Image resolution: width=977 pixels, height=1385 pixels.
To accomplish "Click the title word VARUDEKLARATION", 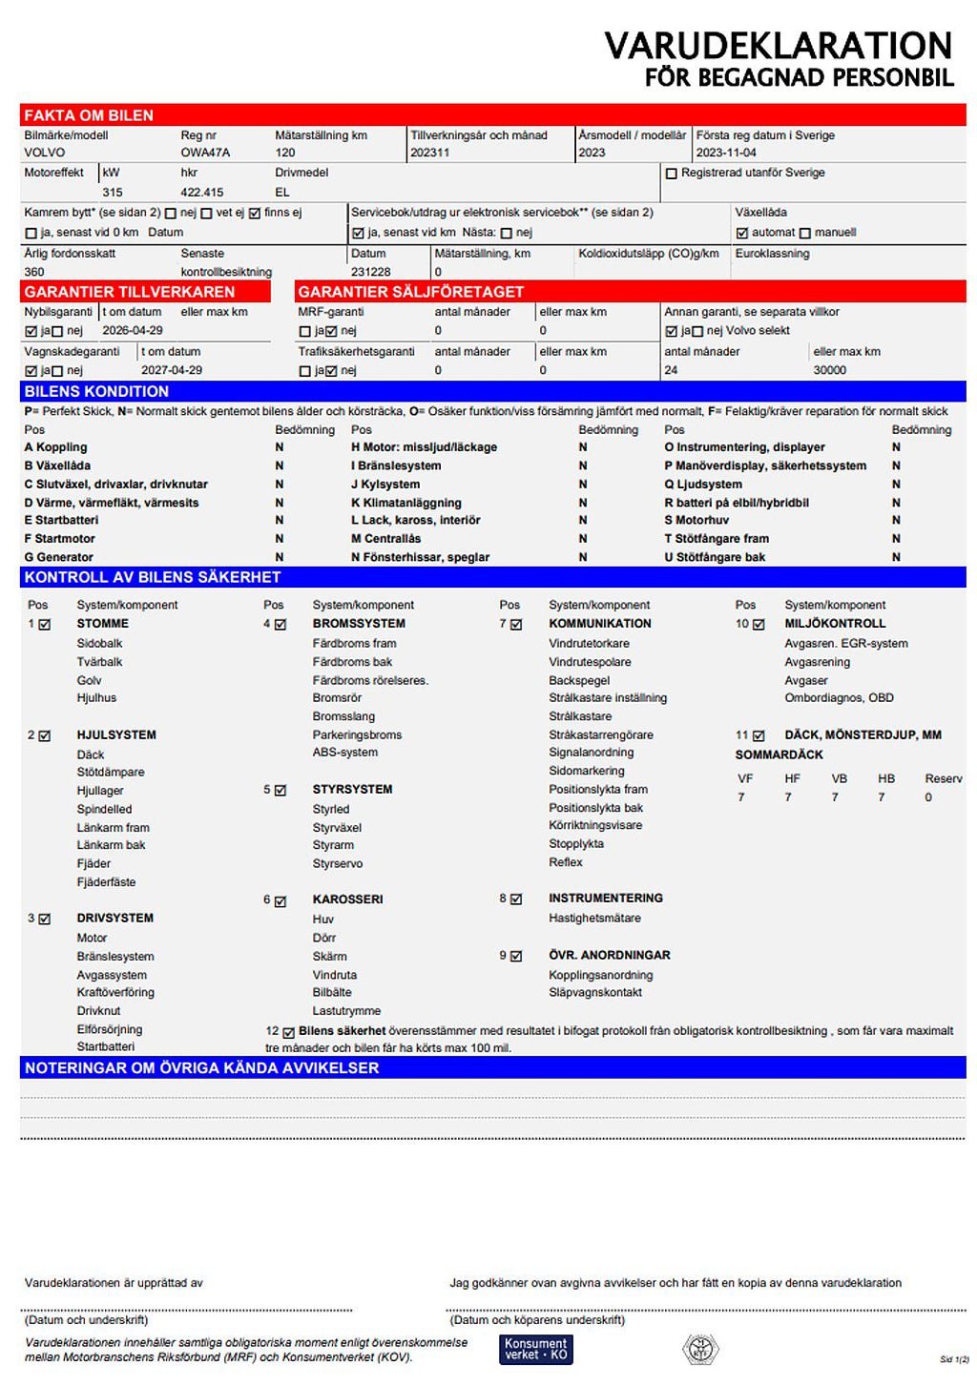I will pos(778,46).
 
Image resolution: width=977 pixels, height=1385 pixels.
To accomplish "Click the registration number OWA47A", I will pos(205,153).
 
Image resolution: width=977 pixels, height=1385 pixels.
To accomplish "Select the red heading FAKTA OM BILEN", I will pos(89,115).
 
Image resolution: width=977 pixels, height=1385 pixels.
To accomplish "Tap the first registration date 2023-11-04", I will pos(726,153).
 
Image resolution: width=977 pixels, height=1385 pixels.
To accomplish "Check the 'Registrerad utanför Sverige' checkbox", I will pos(672,174).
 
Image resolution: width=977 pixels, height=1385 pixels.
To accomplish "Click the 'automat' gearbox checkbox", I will pos(742,233).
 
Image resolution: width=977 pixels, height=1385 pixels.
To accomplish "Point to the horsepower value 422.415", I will pos(202,192).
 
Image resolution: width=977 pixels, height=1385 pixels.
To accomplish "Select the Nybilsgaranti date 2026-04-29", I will pos(133,330).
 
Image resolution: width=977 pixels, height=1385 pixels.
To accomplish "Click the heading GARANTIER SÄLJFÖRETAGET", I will pos(410,292).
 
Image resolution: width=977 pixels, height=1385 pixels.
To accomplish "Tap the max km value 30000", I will pos(829,370).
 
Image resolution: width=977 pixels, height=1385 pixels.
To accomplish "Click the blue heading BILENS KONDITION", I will pos(96,391).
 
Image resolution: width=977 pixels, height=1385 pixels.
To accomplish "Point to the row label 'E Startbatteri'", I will pos(61,520).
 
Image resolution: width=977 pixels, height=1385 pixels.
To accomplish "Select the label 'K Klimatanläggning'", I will pos(406,503).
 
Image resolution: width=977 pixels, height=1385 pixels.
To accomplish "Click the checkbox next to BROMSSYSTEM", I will pos(281,625).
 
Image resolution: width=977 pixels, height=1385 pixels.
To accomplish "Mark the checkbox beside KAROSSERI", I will pos(281,901).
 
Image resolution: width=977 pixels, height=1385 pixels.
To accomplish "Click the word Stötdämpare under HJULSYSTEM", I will pos(111,772).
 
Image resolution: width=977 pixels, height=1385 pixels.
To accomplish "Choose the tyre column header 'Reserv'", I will pos(943,778).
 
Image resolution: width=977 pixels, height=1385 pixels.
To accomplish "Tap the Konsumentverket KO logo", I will pos(535,1349).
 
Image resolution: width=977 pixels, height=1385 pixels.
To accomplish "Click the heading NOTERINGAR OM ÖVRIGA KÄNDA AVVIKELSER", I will pos(201,1068).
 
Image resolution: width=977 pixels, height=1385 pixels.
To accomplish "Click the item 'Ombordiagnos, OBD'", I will pos(839,697).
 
